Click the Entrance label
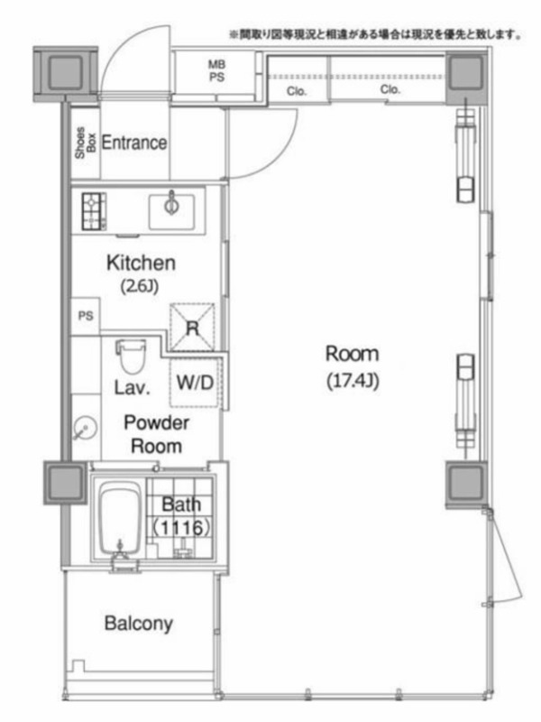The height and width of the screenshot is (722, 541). coord(133,143)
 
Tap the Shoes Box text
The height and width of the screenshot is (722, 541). coord(86,143)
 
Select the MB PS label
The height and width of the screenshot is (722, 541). coord(216,71)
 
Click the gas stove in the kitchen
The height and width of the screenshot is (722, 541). coord(94,211)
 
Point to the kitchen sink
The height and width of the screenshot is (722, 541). coord(171,211)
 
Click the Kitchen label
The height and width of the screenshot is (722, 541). coord(141,263)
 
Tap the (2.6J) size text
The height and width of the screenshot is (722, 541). coord(140,286)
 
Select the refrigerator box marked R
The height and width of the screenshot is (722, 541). coord(192,327)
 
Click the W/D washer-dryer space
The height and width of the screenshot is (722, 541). coord(195,382)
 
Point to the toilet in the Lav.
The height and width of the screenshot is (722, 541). coord(132,356)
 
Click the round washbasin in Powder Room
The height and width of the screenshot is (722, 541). coord(85,428)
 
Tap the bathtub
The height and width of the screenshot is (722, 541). coord(121,520)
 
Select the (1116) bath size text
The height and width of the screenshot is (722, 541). coord(182,528)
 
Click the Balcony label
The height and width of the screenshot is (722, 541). coord(139,624)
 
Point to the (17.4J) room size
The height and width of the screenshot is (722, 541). coord(353,381)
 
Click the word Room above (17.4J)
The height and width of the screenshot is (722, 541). coord(353,354)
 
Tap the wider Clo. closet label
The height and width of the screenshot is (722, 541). coord(390,89)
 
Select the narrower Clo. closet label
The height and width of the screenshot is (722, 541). coord(297,91)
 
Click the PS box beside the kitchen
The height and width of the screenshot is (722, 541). coord(86,316)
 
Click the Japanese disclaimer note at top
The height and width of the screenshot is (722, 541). coord(375,34)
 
